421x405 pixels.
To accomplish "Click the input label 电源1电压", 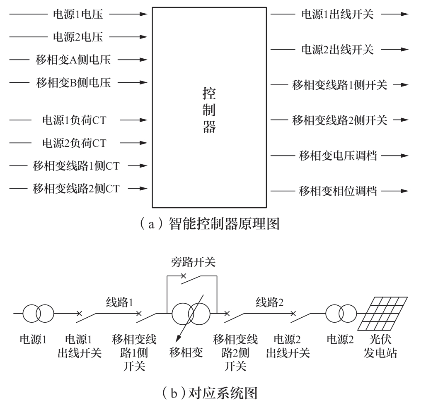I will point(78,15).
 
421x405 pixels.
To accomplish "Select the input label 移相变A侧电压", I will point(73,60).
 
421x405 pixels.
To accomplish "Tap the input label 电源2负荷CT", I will point(74,143).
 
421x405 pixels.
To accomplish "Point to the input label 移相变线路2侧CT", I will point(76,189).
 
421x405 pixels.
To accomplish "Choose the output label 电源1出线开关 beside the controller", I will point(337,15).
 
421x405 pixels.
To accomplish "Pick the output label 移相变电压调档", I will point(337,156).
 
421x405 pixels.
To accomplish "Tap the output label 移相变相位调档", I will point(337,191).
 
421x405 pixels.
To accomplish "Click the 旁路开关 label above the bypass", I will point(193,262).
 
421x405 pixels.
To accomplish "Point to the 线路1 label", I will point(119,302).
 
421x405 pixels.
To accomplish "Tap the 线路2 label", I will point(269,302).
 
